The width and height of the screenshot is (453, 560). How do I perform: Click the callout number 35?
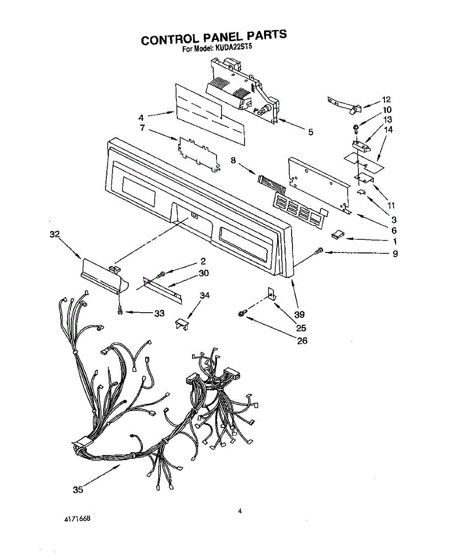click(78, 490)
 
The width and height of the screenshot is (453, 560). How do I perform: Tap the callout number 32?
click(55, 235)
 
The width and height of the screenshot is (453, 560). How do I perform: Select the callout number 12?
click(386, 99)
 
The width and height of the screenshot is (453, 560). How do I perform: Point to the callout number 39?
click(299, 315)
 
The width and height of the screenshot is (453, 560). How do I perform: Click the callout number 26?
click(302, 341)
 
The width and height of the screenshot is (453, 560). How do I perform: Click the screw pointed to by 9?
click(319, 252)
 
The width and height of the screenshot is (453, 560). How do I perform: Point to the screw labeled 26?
click(242, 315)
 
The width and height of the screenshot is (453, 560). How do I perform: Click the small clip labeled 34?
click(181, 323)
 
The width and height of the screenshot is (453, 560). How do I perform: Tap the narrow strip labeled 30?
click(161, 289)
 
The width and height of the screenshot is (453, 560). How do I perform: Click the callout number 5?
click(310, 132)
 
